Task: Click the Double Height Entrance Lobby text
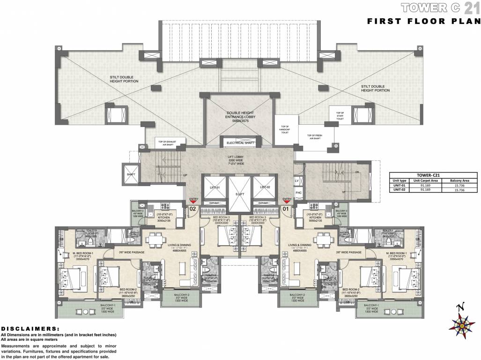click(239, 116)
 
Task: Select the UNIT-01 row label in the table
click(400, 184)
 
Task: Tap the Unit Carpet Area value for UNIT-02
click(426, 189)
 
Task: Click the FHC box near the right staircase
click(298, 192)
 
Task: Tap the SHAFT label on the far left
click(131, 174)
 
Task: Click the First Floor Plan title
click(423, 21)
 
